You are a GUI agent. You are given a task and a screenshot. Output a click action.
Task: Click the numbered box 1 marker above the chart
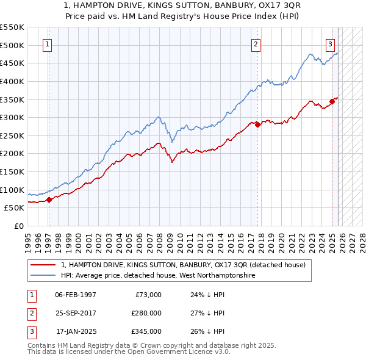[48, 44]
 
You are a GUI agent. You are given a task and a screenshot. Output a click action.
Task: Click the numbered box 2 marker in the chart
[256, 44]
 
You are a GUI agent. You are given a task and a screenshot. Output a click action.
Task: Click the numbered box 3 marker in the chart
[330, 44]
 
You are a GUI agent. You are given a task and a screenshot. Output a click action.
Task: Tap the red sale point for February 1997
[49, 200]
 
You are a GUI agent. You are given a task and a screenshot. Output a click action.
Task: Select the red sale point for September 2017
[257, 124]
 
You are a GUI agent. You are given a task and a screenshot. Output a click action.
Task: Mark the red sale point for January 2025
[332, 101]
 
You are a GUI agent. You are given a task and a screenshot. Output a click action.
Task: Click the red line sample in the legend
[43, 265]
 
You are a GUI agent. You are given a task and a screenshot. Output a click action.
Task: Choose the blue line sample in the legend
[43, 275]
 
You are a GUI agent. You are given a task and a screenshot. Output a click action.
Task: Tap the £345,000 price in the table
[146, 331]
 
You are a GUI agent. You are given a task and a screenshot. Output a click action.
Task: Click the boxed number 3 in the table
[31, 331]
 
